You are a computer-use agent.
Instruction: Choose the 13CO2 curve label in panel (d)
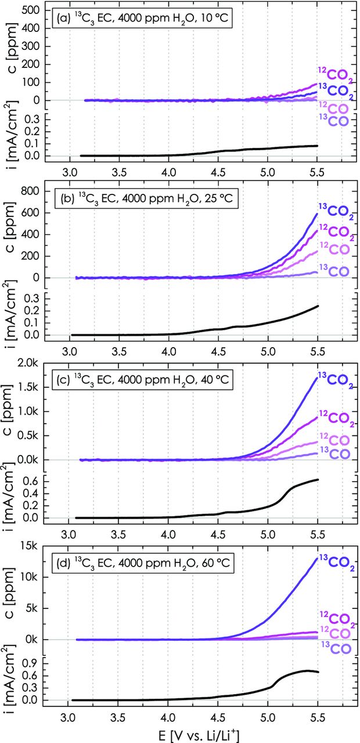[336, 562]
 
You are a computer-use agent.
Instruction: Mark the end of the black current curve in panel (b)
[318, 306]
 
